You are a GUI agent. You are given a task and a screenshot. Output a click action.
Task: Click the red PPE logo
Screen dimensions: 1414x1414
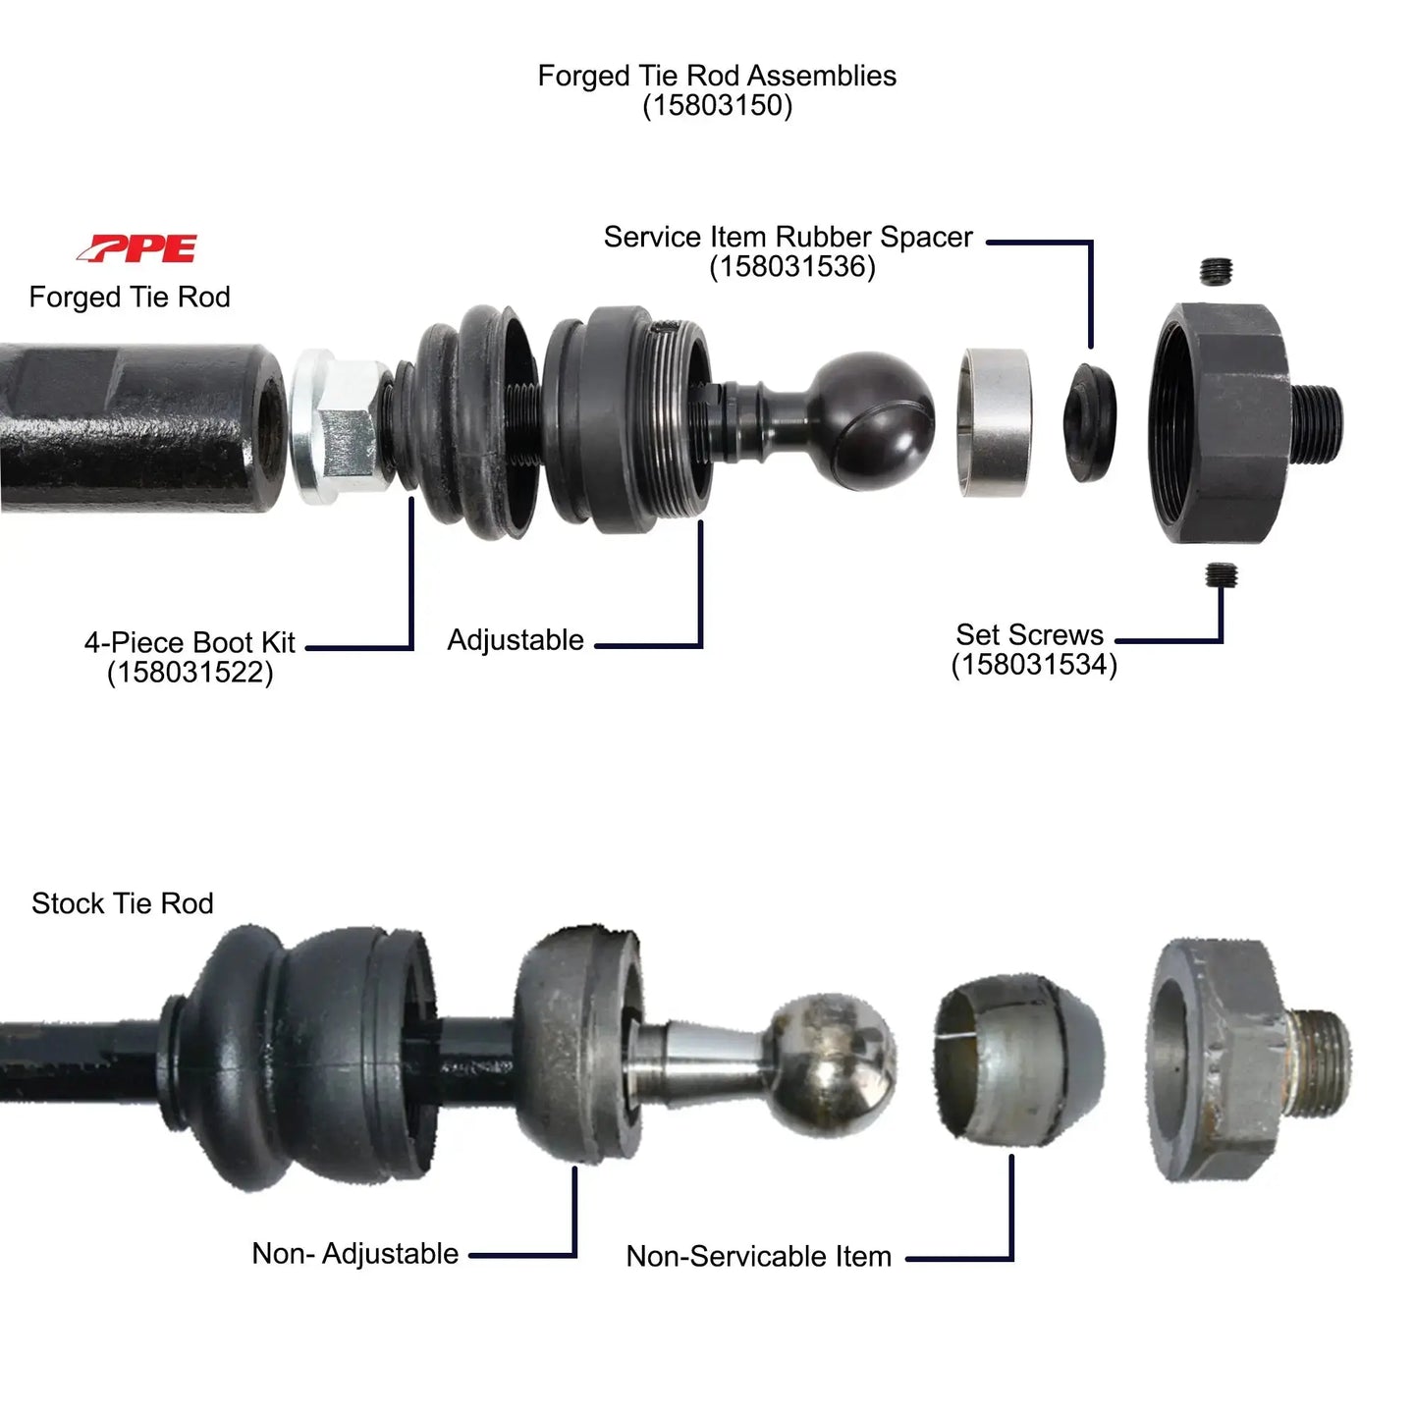tap(137, 248)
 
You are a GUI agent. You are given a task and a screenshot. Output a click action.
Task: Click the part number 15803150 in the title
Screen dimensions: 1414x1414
tap(717, 106)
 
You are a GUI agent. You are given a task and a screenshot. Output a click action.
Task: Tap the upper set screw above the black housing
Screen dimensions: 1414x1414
tap(1218, 271)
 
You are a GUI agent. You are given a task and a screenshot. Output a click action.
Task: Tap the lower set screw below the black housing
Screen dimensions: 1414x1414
tap(1221, 575)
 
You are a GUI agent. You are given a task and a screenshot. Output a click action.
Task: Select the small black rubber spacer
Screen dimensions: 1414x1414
tap(1090, 421)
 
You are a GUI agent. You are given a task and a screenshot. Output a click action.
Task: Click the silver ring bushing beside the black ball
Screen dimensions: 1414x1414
tap(995, 421)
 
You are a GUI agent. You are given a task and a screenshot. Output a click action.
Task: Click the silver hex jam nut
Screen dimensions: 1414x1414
tap(339, 427)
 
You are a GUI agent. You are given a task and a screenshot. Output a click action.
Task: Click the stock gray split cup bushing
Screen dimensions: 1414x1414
tap(1016, 1061)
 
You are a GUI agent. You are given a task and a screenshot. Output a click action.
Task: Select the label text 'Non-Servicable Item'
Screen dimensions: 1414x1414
tap(758, 1256)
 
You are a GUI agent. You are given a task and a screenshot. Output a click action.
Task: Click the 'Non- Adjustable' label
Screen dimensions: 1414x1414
tap(354, 1254)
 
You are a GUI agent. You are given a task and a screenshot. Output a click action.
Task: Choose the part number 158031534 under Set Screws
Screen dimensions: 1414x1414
tap(1034, 665)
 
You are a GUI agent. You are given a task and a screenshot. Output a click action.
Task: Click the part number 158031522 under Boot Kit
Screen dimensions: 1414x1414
tap(190, 673)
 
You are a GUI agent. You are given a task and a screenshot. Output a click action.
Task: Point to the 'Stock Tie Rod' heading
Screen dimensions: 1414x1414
tap(122, 903)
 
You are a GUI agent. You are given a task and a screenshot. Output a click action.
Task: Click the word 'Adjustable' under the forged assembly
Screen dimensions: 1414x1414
tap(516, 640)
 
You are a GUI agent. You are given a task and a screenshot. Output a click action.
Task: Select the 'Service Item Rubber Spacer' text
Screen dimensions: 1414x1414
tap(788, 238)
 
